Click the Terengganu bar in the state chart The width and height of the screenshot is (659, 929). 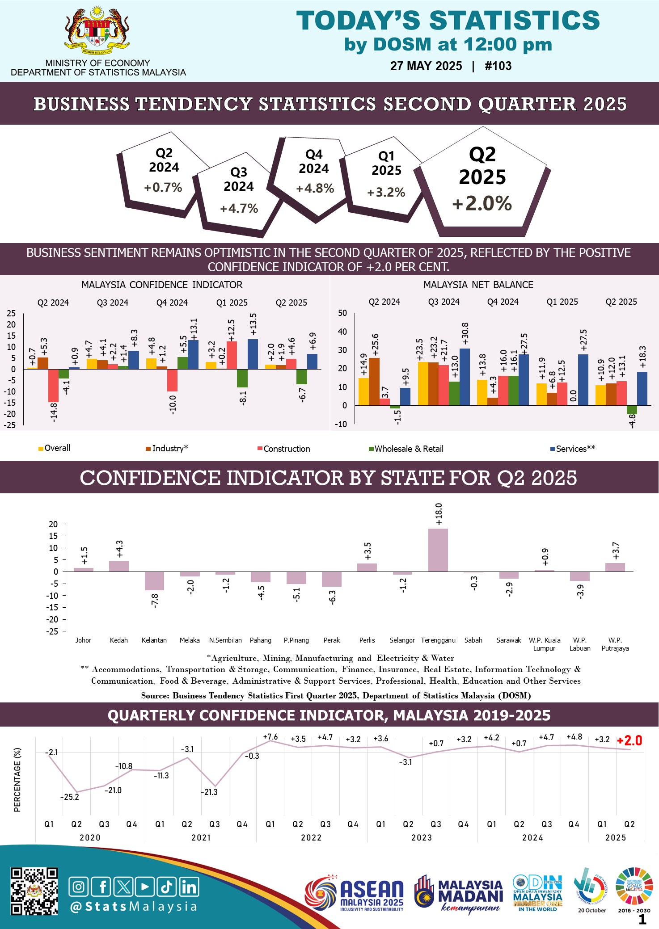(x=438, y=550)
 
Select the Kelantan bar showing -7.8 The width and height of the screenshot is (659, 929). (x=154, y=581)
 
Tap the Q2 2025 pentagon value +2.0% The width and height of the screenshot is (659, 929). (x=482, y=204)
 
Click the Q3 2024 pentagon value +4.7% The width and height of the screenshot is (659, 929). (x=239, y=208)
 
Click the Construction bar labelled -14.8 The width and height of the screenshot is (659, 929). (x=53, y=386)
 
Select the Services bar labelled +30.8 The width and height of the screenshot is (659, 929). (x=465, y=377)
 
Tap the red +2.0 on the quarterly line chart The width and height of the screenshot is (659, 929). (x=629, y=741)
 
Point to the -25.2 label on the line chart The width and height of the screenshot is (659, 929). (x=70, y=797)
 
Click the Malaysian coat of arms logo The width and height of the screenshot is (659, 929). (x=97, y=30)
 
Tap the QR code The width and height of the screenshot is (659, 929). (x=34, y=891)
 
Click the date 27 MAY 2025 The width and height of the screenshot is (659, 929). (x=426, y=66)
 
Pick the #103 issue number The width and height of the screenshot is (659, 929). (x=498, y=66)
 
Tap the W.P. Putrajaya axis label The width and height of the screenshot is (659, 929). (x=615, y=644)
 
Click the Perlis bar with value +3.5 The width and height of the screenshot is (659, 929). (x=367, y=567)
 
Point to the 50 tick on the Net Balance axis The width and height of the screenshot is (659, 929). (x=342, y=313)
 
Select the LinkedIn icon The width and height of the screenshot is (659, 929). (x=189, y=887)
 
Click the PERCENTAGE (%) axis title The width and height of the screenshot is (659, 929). (x=17, y=779)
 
